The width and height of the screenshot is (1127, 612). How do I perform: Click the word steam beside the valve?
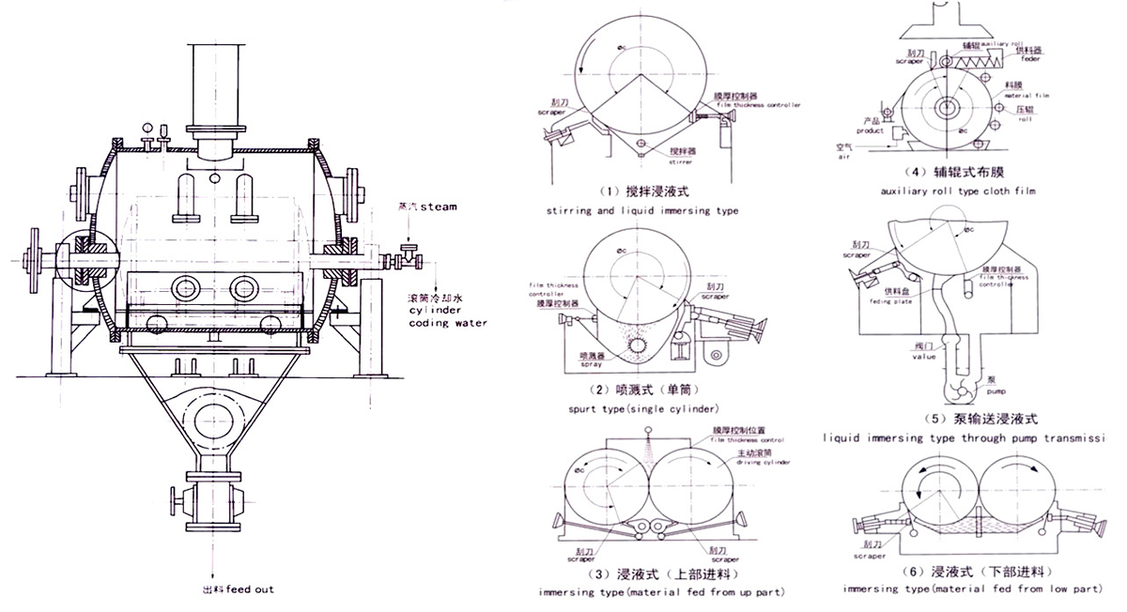tap(438, 207)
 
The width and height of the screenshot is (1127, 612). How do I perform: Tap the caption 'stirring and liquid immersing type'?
tap(641, 211)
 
